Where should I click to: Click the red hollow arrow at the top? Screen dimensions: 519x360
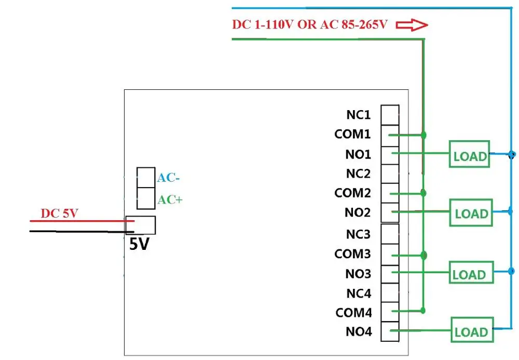412,25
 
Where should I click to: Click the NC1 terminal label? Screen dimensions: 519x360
358,115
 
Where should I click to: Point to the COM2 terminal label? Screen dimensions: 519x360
352,193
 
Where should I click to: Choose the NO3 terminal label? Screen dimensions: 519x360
358,274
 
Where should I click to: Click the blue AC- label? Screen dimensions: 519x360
169,178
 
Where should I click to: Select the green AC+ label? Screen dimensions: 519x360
170,199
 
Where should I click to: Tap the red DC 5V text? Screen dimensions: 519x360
59,214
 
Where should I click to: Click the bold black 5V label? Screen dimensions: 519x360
139,244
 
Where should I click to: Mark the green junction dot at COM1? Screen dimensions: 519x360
424,135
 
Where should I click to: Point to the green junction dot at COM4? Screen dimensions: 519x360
422,310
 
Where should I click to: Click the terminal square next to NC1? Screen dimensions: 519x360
390,115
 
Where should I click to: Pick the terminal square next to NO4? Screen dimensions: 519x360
390,331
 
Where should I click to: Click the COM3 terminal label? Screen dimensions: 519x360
352,254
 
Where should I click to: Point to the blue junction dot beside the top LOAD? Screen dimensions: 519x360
512,154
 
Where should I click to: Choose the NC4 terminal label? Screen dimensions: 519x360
359,293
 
